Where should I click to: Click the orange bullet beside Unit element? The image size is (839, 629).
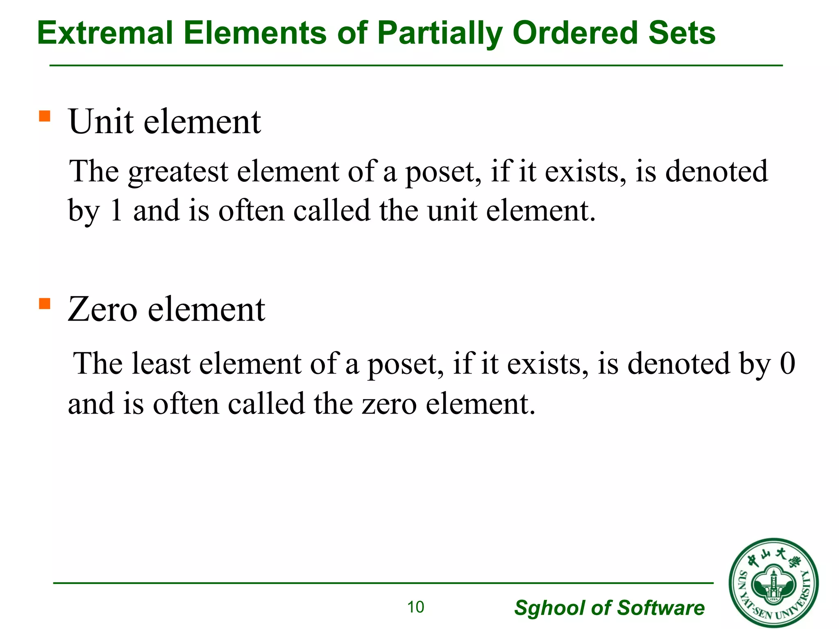coord(44,116)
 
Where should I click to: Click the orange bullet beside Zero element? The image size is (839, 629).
coord(44,304)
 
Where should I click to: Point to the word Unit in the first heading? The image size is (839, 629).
coord(102,122)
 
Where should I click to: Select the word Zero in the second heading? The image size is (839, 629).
coord(102,309)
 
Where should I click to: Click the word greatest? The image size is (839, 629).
coord(178,172)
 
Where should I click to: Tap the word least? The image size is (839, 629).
coord(161,364)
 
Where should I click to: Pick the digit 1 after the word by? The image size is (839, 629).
coord(116,210)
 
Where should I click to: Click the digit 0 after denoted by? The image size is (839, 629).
coord(787,364)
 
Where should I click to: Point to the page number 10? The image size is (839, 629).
coord(415,607)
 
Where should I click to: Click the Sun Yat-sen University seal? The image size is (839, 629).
coord(773,583)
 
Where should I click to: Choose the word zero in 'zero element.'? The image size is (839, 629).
coord(389,404)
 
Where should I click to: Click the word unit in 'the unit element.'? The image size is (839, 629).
coord(452,210)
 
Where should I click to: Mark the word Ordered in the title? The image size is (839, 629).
coord(575,33)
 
